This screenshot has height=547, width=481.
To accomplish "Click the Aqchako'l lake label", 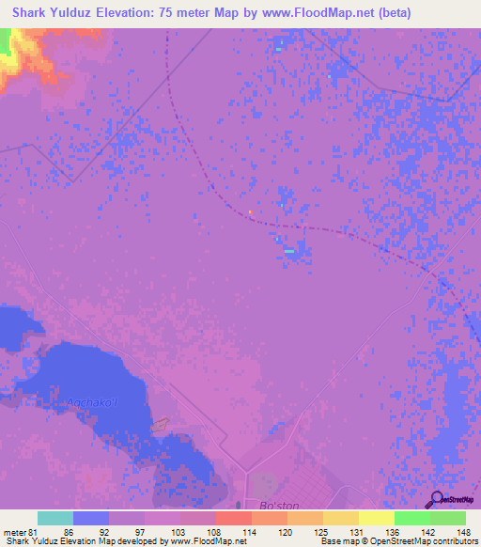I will (x=91, y=404).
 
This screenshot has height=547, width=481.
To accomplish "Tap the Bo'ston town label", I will (x=264, y=505).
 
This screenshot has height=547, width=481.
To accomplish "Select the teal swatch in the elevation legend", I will (x=55, y=518).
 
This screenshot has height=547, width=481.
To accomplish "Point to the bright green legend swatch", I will (x=411, y=518).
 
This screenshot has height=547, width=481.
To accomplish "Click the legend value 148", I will (x=465, y=531).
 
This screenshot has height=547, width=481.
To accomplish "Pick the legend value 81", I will (x=33, y=531).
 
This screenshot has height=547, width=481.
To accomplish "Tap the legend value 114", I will (x=251, y=531).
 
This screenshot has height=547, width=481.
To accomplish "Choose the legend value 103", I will (x=179, y=531).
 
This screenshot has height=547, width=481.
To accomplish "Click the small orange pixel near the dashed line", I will (x=251, y=211).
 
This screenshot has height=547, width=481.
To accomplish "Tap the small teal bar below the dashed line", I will (x=289, y=251).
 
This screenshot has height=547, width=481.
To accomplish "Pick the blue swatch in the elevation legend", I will (x=91, y=518).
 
